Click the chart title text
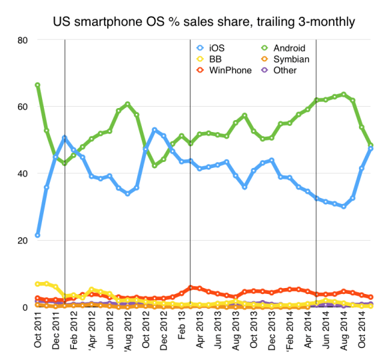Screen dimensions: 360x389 pos(204,23)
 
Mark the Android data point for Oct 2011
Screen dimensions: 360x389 pos(37,85)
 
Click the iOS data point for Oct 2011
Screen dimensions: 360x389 pos(37,235)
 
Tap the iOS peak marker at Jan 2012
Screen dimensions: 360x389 pos(65,138)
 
